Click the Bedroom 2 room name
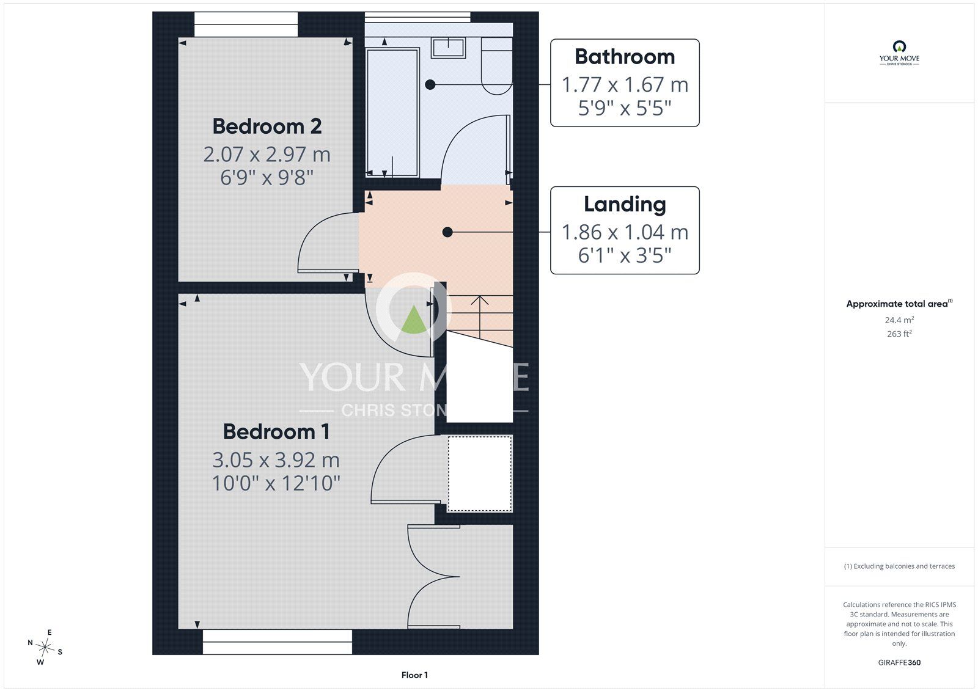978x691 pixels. click(267, 126)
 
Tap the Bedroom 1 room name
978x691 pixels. click(276, 432)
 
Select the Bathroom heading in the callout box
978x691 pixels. click(625, 57)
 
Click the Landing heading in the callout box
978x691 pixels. click(625, 204)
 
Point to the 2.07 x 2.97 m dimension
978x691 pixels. click(267, 155)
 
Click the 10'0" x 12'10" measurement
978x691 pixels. click(276, 483)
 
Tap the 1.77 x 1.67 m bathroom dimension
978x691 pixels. click(625, 85)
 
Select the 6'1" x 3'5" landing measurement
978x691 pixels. click(625, 255)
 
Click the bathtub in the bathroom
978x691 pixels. click(392, 112)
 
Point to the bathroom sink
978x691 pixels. click(448, 48)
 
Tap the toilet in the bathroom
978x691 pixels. click(497, 66)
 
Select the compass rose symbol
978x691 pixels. click(45, 647)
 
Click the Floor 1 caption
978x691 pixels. click(414, 675)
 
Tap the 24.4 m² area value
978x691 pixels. click(899, 320)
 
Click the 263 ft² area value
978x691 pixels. click(899, 334)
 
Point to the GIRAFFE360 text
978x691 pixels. click(899, 663)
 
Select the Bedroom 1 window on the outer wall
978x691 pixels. click(278, 642)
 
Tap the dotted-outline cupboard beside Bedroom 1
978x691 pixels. click(480, 473)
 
